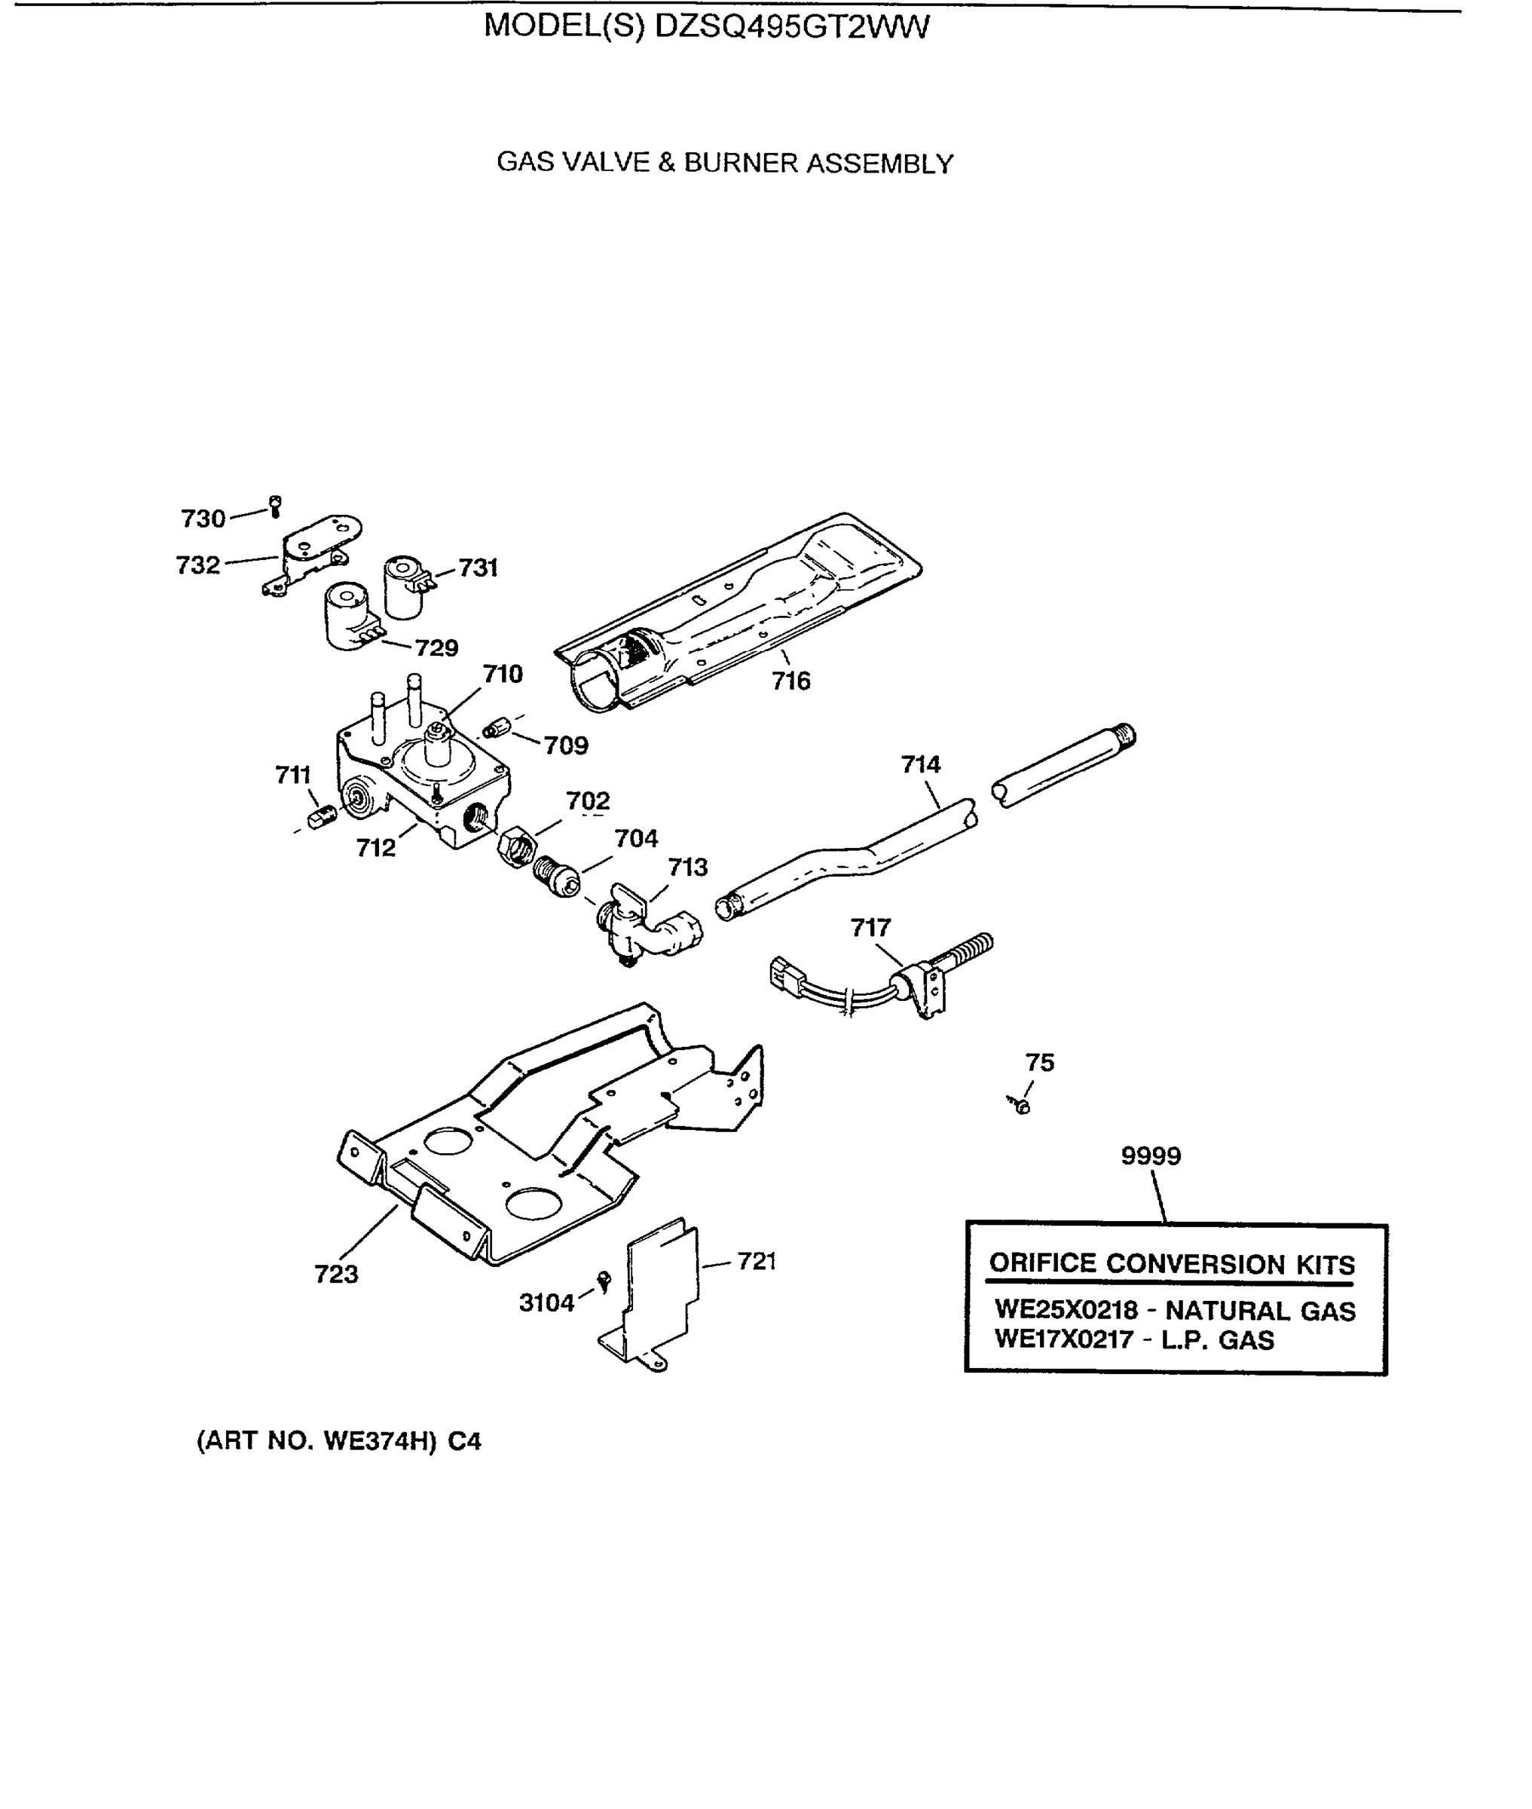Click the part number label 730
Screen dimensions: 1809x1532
coord(203,519)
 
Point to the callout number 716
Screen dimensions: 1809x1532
coord(790,680)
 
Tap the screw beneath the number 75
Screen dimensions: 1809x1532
coord(1022,1106)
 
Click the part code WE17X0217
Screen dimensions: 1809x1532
coord(1063,1339)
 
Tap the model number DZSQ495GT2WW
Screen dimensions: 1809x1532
coord(791,26)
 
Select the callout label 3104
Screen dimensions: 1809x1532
coord(546,1302)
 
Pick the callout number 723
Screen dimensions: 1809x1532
coord(336,1274)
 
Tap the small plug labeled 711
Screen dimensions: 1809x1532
coord(323,816)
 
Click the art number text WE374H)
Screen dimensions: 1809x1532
coord(378,1442)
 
